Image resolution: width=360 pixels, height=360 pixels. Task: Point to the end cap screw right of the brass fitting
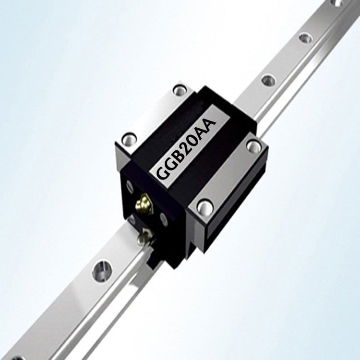click(x=163, y=217)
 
